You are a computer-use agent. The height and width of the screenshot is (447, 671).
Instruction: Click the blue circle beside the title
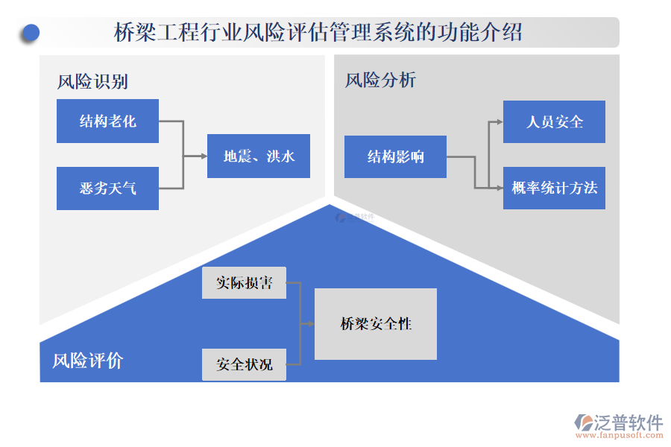point(31,33)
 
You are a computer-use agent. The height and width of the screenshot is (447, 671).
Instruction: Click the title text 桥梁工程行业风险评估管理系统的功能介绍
point(318,33)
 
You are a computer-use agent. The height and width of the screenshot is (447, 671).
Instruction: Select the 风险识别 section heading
point(93,81)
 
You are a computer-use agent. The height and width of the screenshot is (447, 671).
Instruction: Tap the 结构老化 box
point(107,121)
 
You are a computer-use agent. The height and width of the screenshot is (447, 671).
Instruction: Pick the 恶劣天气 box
point(107,188)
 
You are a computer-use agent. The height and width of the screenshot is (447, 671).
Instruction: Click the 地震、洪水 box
point(259,156)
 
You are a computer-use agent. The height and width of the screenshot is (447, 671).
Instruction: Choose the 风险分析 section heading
point(380,80)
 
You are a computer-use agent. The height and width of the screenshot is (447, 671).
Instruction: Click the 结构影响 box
point(395,156)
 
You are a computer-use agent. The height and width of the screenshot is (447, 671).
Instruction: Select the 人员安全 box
point(554,121)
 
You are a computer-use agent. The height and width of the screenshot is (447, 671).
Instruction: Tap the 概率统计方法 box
point(554,188)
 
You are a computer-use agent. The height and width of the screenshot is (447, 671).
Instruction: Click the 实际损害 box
point(244,283)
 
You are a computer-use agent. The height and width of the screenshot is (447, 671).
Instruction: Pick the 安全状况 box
point(244,364)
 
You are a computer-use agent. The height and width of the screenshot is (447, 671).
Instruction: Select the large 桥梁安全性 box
point(376,324)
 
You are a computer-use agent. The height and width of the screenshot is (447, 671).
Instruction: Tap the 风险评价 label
point(87,361)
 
